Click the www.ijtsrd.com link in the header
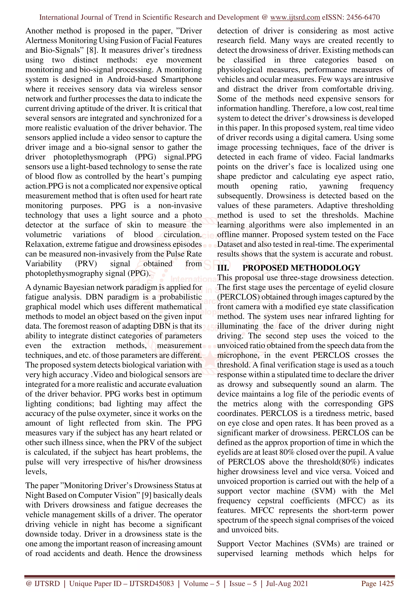pos(295,17)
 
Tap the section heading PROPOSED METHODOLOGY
pos(301,268)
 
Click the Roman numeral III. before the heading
pos(223,268)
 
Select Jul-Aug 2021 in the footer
pos(287,583)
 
